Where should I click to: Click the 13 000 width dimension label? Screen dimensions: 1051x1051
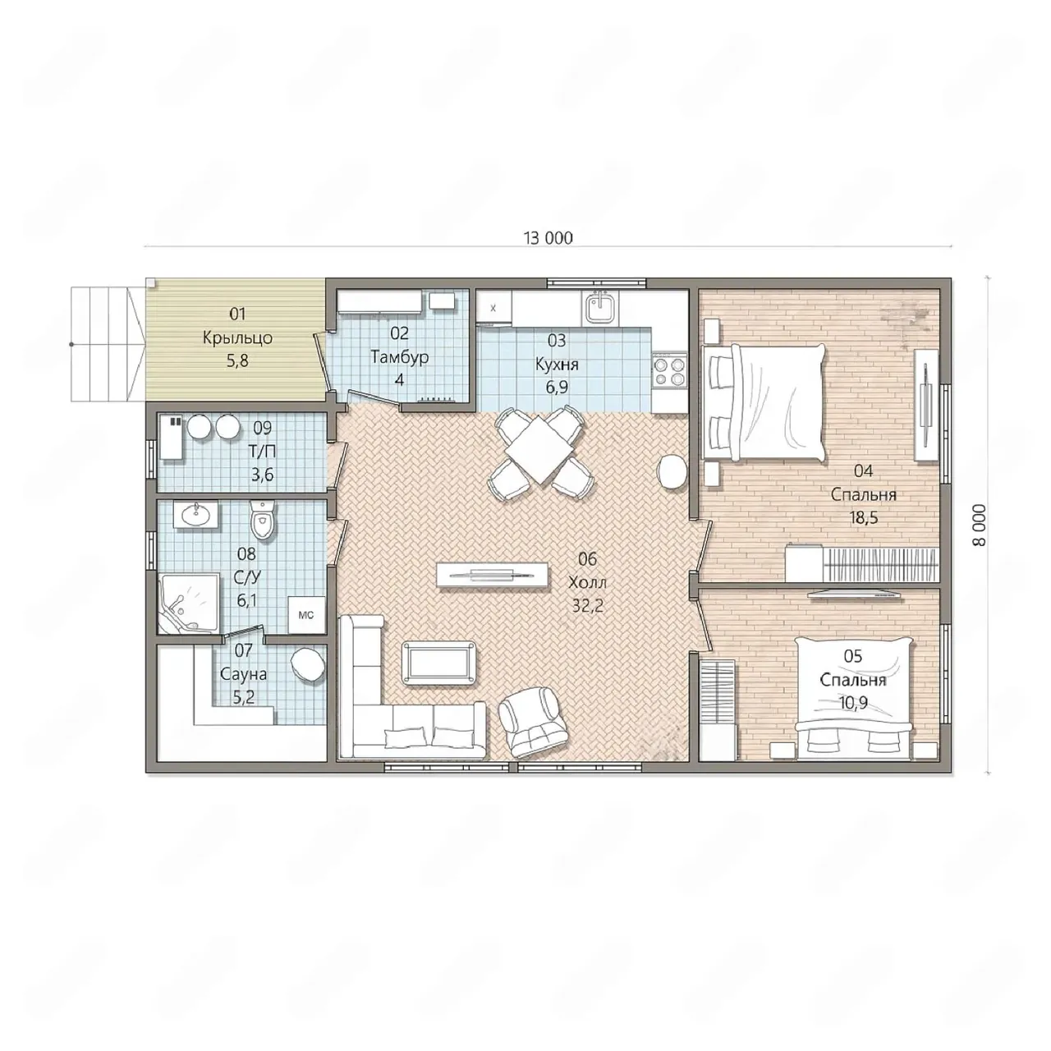(x=548, y=238)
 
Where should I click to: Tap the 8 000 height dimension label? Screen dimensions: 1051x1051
(x=980, y=525)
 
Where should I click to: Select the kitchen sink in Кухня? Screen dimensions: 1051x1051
(x=600, y=308)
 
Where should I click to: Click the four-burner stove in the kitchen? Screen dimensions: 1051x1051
(x=670, y=371)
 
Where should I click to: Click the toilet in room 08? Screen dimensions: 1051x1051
(x=263, y=521)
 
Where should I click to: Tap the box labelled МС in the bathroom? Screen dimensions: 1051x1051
(x=306, y=615)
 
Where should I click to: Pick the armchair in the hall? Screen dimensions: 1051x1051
(x=535, y=722)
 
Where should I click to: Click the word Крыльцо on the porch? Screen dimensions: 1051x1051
(x=237, y=338)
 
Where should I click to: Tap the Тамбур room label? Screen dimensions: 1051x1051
(x=399, y=357)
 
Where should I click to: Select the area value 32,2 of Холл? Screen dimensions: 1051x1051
(x=587, y=606)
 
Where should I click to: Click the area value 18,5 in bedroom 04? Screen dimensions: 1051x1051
(x=863, y=517)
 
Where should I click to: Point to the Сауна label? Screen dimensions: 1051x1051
(x=243, y=675)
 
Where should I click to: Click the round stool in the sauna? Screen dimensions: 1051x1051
(x=309, y=663)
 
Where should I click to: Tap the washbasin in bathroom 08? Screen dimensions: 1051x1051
(x=195, y=514)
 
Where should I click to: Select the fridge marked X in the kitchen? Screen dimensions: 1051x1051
(x=493, y=308)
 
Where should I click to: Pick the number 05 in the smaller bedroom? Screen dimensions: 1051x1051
(x=852, y=656)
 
